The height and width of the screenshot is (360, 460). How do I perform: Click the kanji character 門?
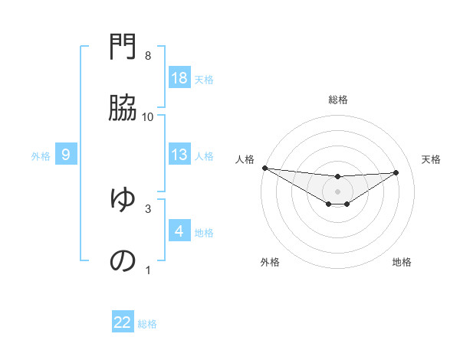pyautogui.click(x=123, y=49)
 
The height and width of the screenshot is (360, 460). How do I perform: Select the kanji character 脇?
pyautogui.click(x=123, y=109)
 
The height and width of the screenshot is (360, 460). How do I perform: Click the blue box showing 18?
pyautogui.click(x=179, y=78)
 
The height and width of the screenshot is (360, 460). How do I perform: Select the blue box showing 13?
pyautogui.click(x=179, y=155)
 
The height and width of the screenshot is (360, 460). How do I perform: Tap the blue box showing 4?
pyautogui.click(x=179, y=231)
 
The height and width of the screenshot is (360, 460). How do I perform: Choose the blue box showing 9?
pyautogui.click(x=66, y=155)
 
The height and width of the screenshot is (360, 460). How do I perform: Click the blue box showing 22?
pyautogui.click(x=123, y=322)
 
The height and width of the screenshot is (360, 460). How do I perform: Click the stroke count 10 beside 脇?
pyautogui.click(x=148, y=116)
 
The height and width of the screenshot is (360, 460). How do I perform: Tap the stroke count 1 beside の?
pyautogui.click(x=148, y=270)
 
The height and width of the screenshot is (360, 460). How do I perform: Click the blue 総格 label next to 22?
pyautogui.click(x=147, y=324)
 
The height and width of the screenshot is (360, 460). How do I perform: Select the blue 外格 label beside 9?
pyautogui.click(x=41, y=155)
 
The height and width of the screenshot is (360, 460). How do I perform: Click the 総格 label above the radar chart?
pyautogui.click(x=338, y=100)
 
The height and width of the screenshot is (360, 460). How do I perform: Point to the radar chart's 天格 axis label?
pyautogui.click(x=432, y=159)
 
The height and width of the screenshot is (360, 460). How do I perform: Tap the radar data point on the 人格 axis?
pyautogui.click(x=264, y=168)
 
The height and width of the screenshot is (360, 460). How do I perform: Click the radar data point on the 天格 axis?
pyautogui.click(x=396, y=172)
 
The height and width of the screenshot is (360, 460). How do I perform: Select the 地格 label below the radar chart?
pyautogui.click(x=402, y=262)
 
